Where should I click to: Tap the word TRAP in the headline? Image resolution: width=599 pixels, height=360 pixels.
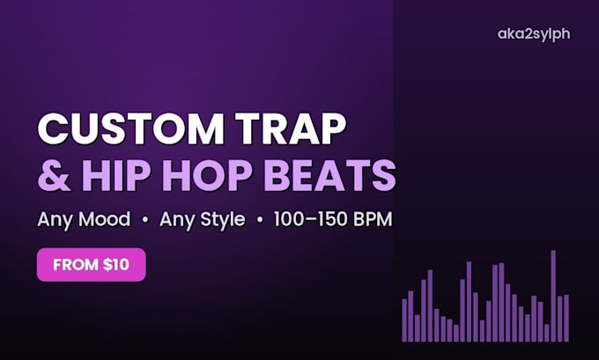pos(291,129)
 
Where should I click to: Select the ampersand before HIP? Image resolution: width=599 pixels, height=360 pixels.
pos(54,175)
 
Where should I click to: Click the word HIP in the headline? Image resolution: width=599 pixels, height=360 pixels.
pos(116,175)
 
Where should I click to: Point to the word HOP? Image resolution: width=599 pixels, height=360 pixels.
pos(207,175)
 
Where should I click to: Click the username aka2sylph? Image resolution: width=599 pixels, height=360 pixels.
pos(534,34)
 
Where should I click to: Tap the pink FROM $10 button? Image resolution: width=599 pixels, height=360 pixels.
pos(92,265)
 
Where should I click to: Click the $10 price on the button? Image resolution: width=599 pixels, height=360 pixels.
pos(116,265)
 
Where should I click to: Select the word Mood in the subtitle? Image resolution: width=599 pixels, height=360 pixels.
pos(104,219)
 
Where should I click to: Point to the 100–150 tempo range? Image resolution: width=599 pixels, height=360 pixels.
pos(311,219)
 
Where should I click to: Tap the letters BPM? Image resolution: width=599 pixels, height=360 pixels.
pos(373,219)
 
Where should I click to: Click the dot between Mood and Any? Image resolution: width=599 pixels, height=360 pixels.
pos(144,220)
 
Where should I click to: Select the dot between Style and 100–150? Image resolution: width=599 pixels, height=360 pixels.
pos(260,220)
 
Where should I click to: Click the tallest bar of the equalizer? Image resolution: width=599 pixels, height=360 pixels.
pos(553,296)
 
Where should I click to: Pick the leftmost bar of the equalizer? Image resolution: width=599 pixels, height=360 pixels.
pos(404,320)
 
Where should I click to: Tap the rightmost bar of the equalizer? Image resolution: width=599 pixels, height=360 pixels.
pos(566,318)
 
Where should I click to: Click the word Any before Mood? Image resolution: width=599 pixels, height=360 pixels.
pos(55,220)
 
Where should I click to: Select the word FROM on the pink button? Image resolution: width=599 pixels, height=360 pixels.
pos(76,265)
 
